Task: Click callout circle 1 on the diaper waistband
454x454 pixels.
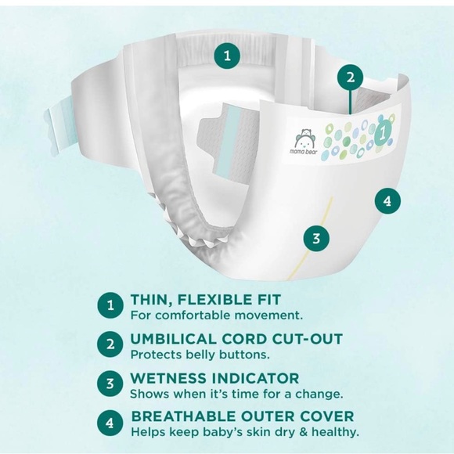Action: click(227, 56)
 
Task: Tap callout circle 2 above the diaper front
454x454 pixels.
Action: click(351, 77)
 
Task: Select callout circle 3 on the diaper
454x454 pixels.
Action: click(316, 239)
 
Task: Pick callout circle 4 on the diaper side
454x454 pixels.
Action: click(387, 200)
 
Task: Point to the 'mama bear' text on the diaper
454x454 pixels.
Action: click(304, 152)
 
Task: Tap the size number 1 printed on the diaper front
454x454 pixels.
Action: click(383, 132)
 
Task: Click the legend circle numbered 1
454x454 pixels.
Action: click(110, 305)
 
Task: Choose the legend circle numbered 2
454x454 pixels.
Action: click(110, 344)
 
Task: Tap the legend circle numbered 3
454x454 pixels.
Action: click(110, 384)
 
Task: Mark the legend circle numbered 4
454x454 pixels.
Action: click(110, 423)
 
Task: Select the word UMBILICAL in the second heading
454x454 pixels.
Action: click(174, 339)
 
